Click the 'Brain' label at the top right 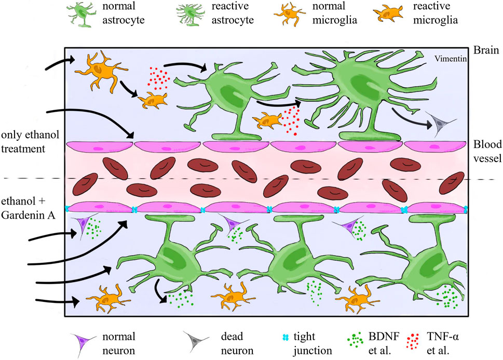coord(483,51)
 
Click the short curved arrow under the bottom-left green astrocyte coord(158,290)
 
